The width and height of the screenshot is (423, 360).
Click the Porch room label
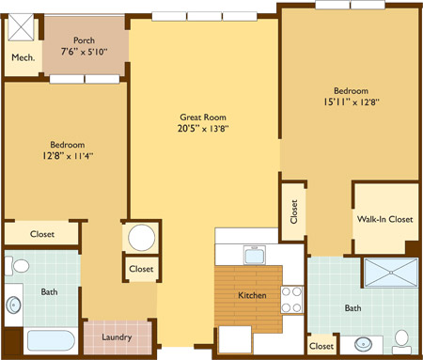[x=84, y=40]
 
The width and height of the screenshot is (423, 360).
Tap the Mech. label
[x=23, y=57]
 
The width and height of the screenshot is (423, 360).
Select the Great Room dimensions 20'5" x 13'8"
[x=203, y=129]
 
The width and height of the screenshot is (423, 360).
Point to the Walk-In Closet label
[x=385, y=219]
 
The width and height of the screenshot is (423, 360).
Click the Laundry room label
[x=117, y=337]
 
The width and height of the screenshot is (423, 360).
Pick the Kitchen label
[x=252, y=295]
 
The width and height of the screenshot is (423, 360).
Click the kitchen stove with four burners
[x=291, y=300]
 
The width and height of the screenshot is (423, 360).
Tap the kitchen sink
[x=255, y=256]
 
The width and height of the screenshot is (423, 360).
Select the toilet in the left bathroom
[x=17, y=266]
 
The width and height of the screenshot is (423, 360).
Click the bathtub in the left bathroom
[x=51, y=340]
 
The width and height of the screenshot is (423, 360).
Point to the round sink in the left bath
[x=14, y=305]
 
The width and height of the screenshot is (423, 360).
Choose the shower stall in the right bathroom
[x=391, y=273]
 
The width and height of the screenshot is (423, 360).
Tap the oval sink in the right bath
[x=364, y=344]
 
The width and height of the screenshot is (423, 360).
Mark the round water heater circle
[x=142, y=237]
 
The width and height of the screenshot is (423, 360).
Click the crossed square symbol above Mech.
[x=21, y=27]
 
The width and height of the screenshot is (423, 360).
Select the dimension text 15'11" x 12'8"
[x=352, y=102]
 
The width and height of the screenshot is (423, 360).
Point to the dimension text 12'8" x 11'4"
[x=68, y=156]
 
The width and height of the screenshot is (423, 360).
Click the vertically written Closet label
[x=294, y=211]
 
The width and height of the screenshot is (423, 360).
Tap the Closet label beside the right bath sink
[x=321, y=346]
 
